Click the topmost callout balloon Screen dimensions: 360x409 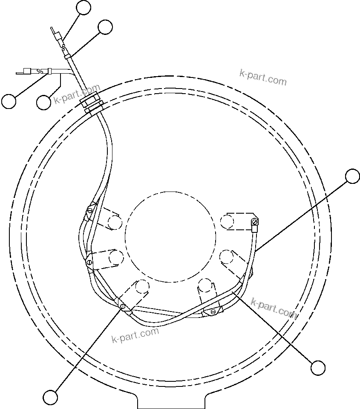(x=84, y=8)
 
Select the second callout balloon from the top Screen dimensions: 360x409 (x=105, y=26)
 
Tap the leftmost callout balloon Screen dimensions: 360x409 (x=9, y=101)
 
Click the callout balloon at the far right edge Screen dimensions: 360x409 (x=352, y=176)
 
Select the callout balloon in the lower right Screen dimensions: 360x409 (x=318, y=367)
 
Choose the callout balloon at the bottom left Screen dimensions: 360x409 (x=51, y=397)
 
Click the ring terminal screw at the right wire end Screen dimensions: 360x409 (x=255, y=221)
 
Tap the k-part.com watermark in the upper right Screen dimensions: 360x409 (x=263, y=77)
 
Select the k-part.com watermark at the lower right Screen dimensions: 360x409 (x=274, y=308)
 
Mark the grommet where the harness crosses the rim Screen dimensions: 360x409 (x=91, y=104)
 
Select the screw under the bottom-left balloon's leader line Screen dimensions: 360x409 (x=123, y=306)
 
